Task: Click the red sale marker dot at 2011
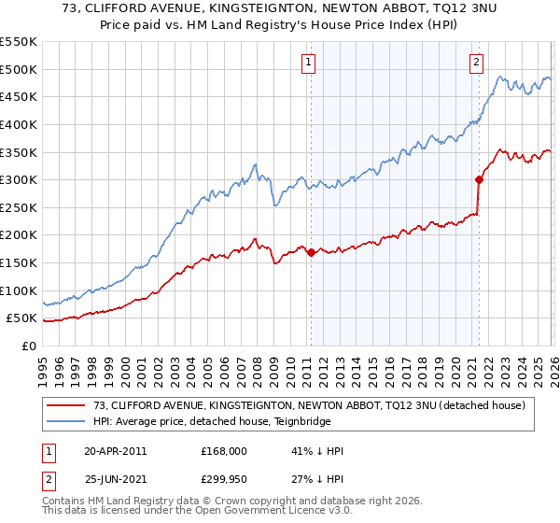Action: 311,252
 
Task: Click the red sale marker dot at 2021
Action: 479,179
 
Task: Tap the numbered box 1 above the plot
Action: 308,63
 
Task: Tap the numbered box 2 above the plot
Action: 476,63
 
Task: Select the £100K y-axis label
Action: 19,290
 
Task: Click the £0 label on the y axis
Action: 28,346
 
